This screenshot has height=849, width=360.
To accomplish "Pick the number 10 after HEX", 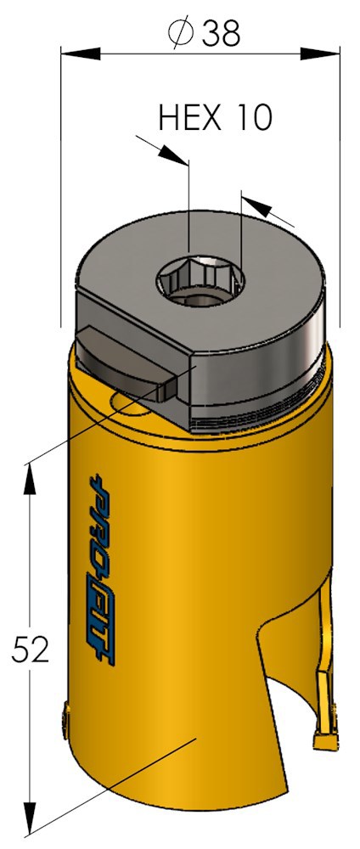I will coord(251,117).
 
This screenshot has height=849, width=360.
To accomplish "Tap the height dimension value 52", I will coord(31,649).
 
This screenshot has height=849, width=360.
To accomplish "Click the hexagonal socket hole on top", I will coord(202,278).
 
